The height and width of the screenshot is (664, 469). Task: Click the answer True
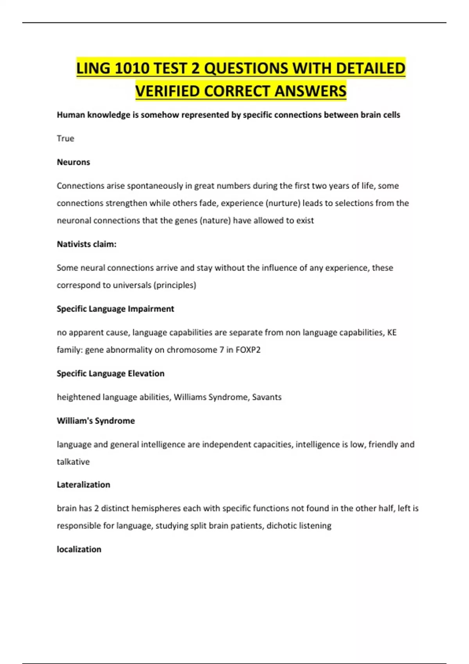pos(65,138)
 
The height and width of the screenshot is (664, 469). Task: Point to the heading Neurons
pos(73,162)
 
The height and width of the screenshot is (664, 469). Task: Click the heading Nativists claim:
pos(86,244)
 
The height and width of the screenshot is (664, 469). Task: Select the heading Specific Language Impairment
pos(115,309)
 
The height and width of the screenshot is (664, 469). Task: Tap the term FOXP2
pos(248,350)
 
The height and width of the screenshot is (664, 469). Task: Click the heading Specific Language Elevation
pos(111,373)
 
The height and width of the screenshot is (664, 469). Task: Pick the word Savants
pos(267,397)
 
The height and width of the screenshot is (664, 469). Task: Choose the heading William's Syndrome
pos(96,421)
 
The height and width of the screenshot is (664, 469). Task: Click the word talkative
pos(73,462)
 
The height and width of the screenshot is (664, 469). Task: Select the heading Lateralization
pos(83,485)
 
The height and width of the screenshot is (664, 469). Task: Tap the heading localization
pos(79,549)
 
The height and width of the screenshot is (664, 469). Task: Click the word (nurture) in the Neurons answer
pos(283,203)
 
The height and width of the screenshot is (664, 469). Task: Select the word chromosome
pos(192,350)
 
